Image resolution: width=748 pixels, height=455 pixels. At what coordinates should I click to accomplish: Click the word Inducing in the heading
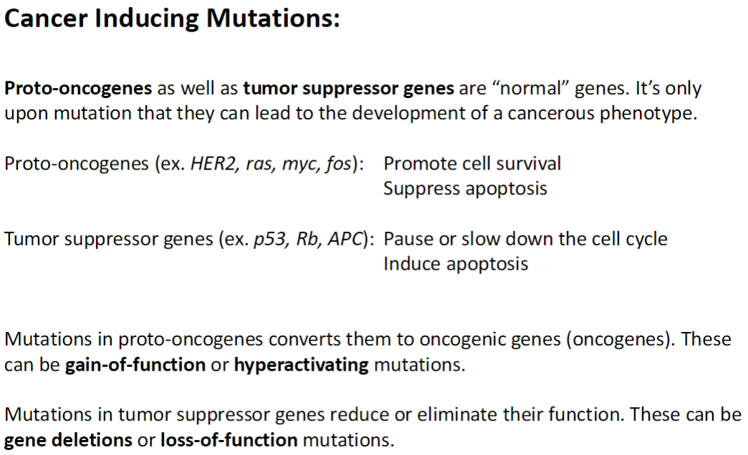(148, 19)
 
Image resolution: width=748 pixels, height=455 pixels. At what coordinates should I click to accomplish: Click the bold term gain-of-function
(135, 365)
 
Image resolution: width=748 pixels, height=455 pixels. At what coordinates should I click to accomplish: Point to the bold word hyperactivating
(301, 365)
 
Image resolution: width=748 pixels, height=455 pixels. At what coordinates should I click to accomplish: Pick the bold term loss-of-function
(229, 440)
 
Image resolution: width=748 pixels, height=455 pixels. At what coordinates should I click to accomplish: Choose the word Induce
(412, 264)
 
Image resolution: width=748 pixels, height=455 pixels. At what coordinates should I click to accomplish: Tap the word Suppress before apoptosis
(421, 189)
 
